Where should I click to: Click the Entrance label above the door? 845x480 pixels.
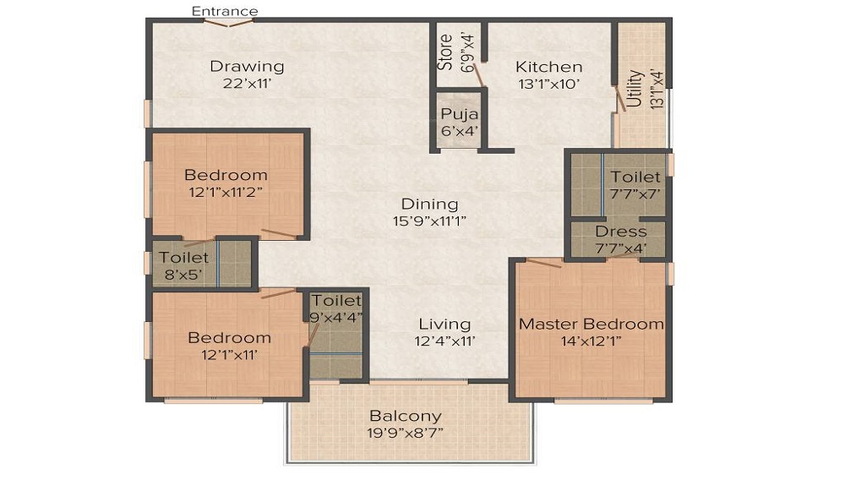pyautogui.click(x=225, y=11)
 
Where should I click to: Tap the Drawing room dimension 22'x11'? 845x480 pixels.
pyautogui.click(x=247, y=84)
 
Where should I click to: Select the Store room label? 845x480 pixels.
pyautogui.click(x=445, y=52)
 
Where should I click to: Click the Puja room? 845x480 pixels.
pyautogui.click(x=460, y=122)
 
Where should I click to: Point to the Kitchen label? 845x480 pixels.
pyautogui.click(x=549, y=67)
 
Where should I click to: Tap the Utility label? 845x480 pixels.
pyautogui.click(x=635, y=89)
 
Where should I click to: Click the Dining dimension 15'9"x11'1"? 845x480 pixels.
pyautogui.click(x=429, y=221)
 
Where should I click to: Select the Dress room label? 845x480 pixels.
pyautogui.click(x=621, y=232)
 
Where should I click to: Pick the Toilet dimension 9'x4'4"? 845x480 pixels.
pyautogui.click(x=336, y=317)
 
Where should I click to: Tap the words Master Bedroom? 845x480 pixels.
pyautogui.click(x=591, y=324)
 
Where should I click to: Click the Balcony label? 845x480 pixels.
pyautogui.click(x=406, y=416)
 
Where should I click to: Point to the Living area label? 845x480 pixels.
pyautogui.click(x=444, y=325)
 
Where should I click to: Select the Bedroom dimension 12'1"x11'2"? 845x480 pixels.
pyautogui.click(x=226, y=192)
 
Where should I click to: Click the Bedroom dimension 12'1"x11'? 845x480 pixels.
pyautogui.click(x=229, y=354)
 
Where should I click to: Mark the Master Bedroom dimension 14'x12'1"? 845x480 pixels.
pyautogui.click(x=591, y=341)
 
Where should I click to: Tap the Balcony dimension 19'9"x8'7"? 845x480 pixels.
pyautogui.click(x=406, y=433)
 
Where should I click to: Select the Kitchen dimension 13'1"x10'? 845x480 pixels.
pyautogui.click(x=549, y=84)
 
